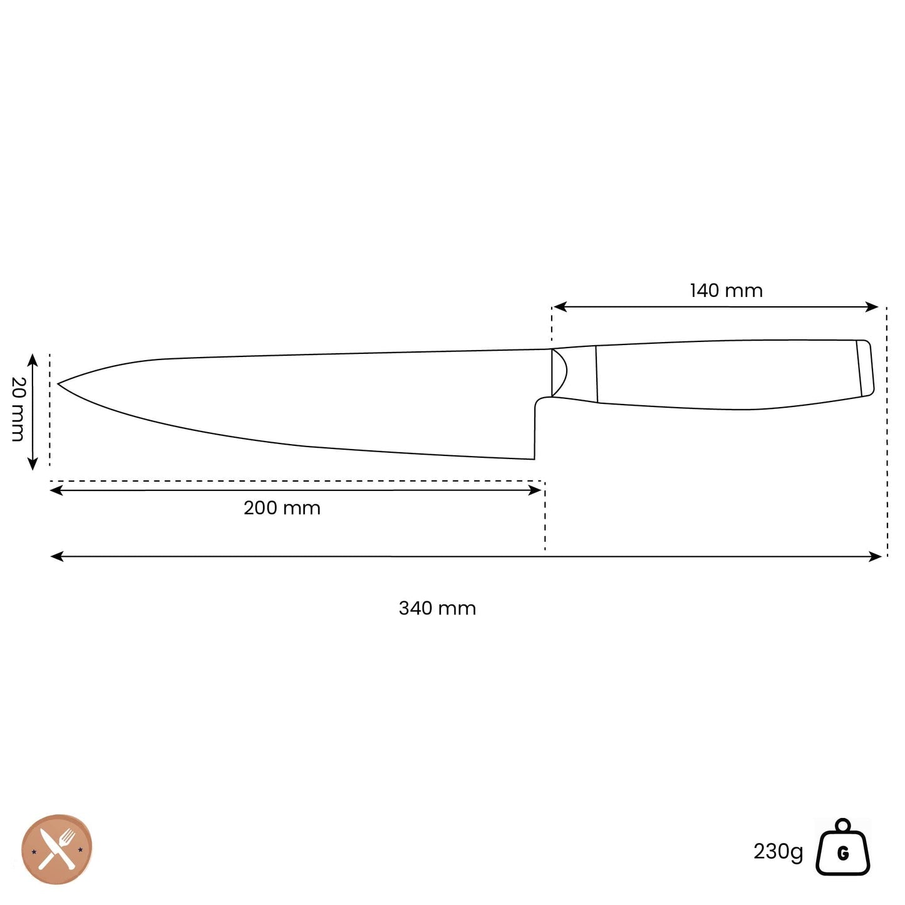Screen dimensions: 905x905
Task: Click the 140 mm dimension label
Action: [726, 291]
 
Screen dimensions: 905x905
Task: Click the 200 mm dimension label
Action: [282, 508]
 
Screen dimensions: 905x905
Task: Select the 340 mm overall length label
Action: [437, 608]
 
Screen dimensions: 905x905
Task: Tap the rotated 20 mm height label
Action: [18, 409]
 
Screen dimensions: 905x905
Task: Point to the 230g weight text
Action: [777, 852]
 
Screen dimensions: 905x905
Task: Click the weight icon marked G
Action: [842, 853]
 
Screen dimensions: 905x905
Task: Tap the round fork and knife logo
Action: [57, 849]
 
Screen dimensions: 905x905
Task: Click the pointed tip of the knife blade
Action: [59, 383]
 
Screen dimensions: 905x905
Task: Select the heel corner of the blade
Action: [534, 458]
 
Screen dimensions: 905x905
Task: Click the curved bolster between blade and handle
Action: [559, 373]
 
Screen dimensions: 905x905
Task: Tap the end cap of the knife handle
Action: [865, 368]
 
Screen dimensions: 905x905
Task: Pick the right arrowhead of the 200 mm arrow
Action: [535, 490]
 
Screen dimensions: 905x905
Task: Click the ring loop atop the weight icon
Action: [842, 825]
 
